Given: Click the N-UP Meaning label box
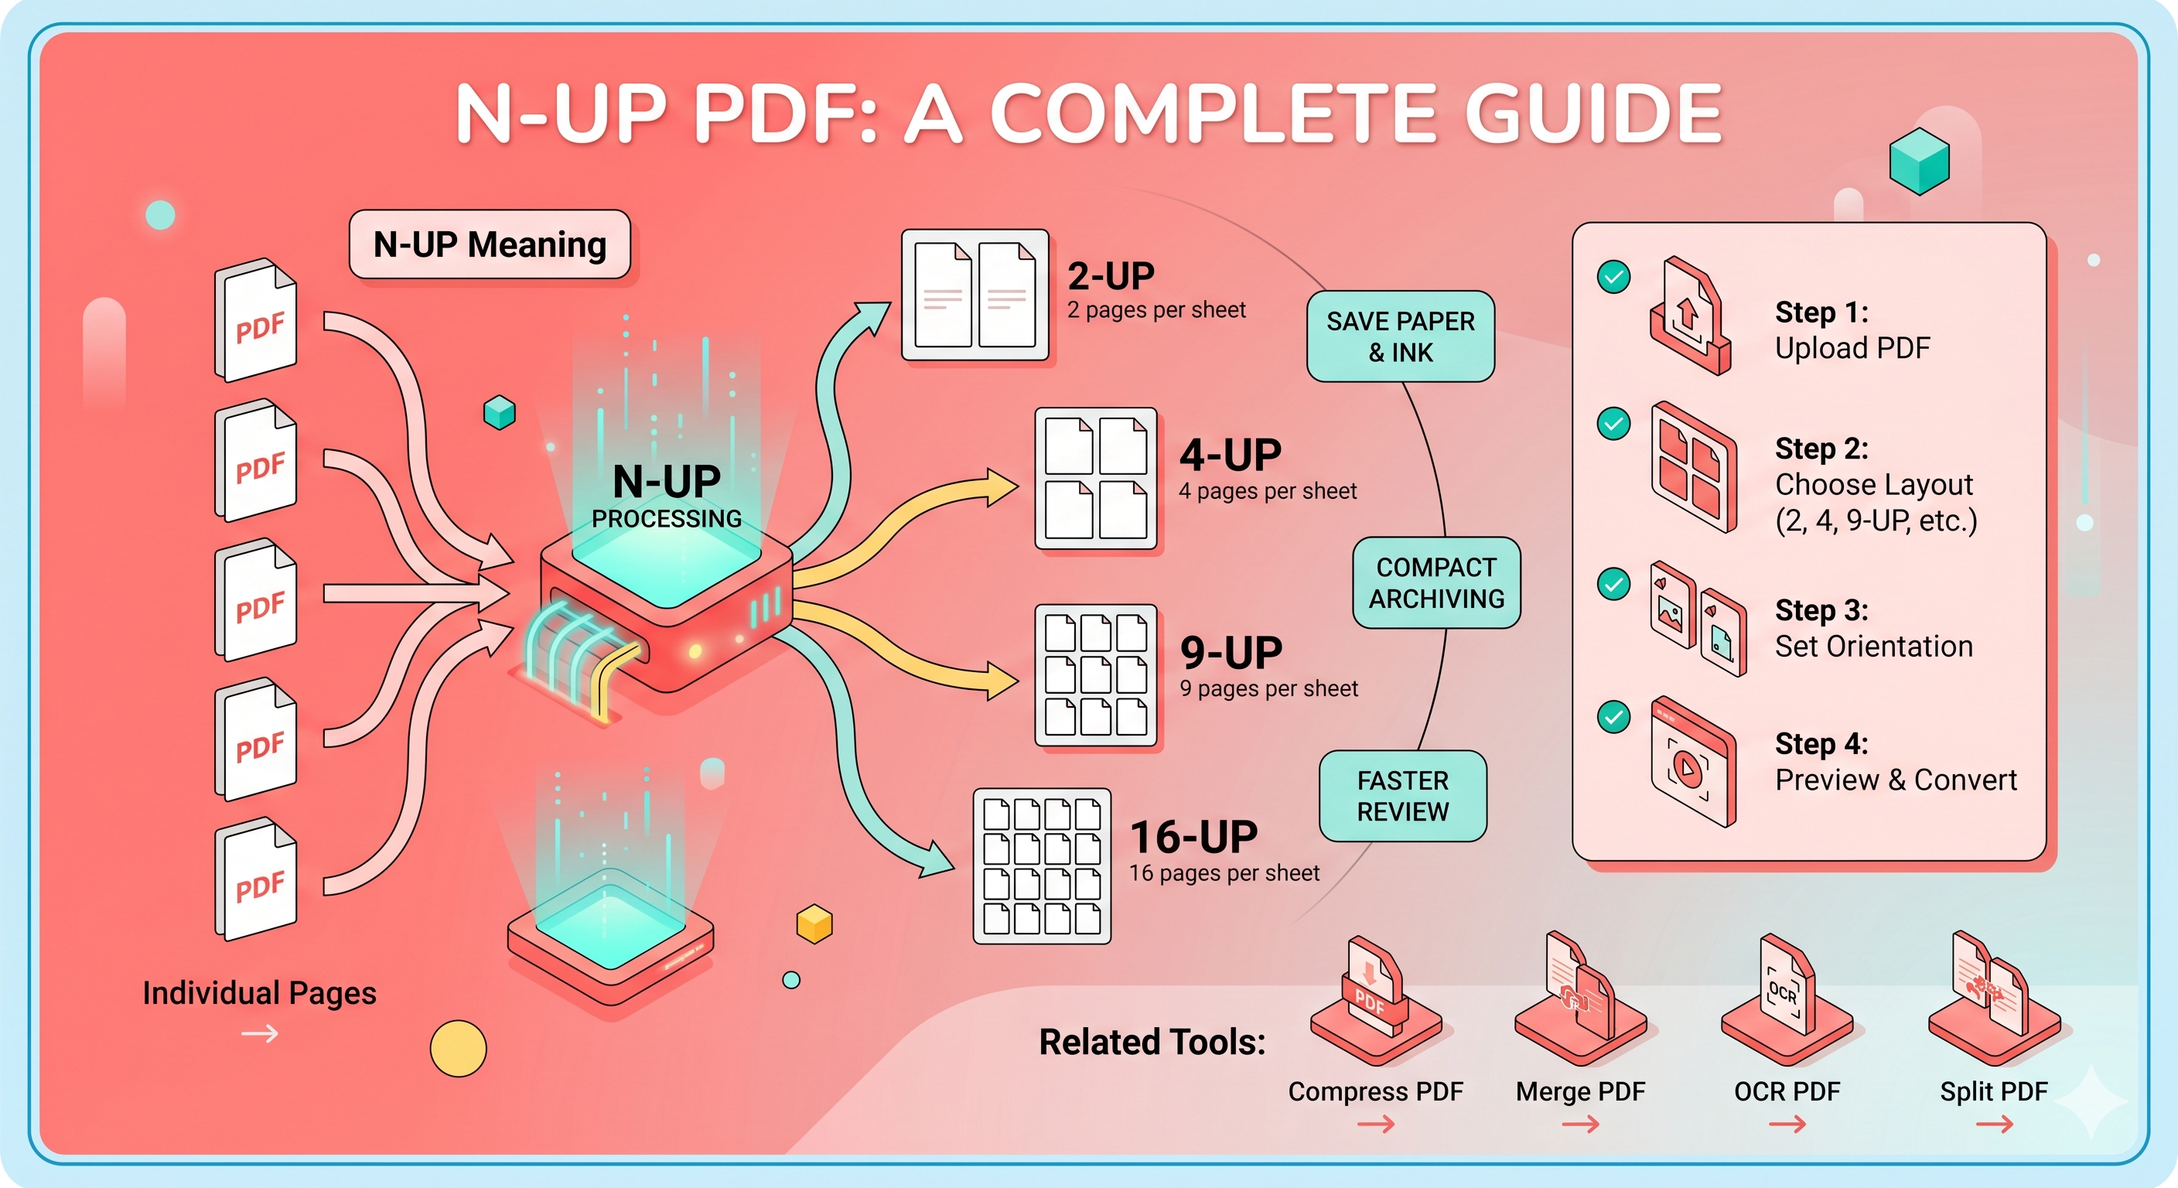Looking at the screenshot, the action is coord(490,244).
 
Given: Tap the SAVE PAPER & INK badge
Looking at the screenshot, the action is coord(1400,336).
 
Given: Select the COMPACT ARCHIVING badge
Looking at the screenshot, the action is coord(1436,582).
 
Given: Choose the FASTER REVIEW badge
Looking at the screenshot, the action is coord(1403,796).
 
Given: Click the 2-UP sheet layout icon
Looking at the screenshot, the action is coord(975,295).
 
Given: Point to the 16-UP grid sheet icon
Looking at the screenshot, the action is coord(1042,865).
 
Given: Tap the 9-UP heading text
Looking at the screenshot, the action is coord(1231,653).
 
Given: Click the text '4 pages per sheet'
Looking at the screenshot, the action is coord(1268,491).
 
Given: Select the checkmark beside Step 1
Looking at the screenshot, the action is coord(1613,276).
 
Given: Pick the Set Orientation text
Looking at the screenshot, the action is coord(1873,647).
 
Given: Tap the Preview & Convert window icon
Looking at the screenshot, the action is coord(1694,761).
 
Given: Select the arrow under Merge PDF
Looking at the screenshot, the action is coord(1581,1124).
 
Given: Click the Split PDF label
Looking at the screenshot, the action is coord(1994,1091).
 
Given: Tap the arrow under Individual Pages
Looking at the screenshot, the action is coord(260,1033).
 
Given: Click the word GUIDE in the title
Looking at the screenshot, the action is coord(1594,114).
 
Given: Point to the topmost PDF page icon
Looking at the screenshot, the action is coord(255,320).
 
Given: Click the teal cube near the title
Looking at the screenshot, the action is coord(1919,161).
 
